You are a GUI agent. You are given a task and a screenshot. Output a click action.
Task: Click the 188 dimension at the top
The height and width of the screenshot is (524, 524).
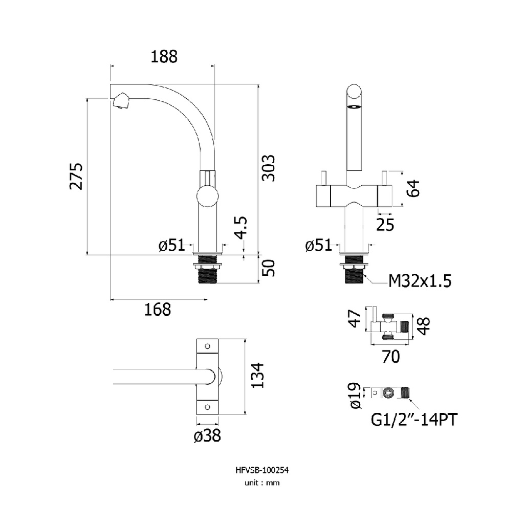164,56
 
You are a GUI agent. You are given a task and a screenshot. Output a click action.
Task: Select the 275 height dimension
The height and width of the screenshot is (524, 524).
76,176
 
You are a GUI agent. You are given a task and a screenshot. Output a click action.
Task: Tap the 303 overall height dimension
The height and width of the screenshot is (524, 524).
268,168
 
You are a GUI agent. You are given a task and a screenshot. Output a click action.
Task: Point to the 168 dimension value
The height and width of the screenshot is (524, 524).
158,310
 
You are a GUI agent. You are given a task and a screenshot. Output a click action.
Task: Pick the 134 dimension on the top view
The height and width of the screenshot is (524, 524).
257,375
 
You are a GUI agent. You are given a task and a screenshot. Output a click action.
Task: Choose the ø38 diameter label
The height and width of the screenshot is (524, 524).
207,436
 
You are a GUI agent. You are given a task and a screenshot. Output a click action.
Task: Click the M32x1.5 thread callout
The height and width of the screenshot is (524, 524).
420,281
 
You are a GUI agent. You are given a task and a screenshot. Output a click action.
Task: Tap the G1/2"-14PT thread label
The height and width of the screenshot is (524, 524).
414,420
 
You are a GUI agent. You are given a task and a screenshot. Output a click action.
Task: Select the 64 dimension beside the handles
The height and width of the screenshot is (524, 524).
413,188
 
